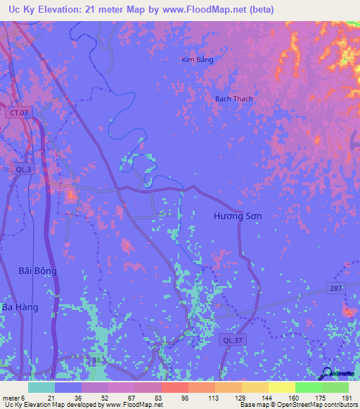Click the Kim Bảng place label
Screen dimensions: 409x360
coord(197,60)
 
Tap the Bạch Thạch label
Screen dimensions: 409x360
coord(233,99)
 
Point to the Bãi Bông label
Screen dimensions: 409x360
coord(37,271)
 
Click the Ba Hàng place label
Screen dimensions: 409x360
coord(30,308)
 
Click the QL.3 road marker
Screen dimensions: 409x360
coord(23,169)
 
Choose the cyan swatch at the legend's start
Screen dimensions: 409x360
coord(41,387)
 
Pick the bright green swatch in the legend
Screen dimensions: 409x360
coord(308,387)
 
